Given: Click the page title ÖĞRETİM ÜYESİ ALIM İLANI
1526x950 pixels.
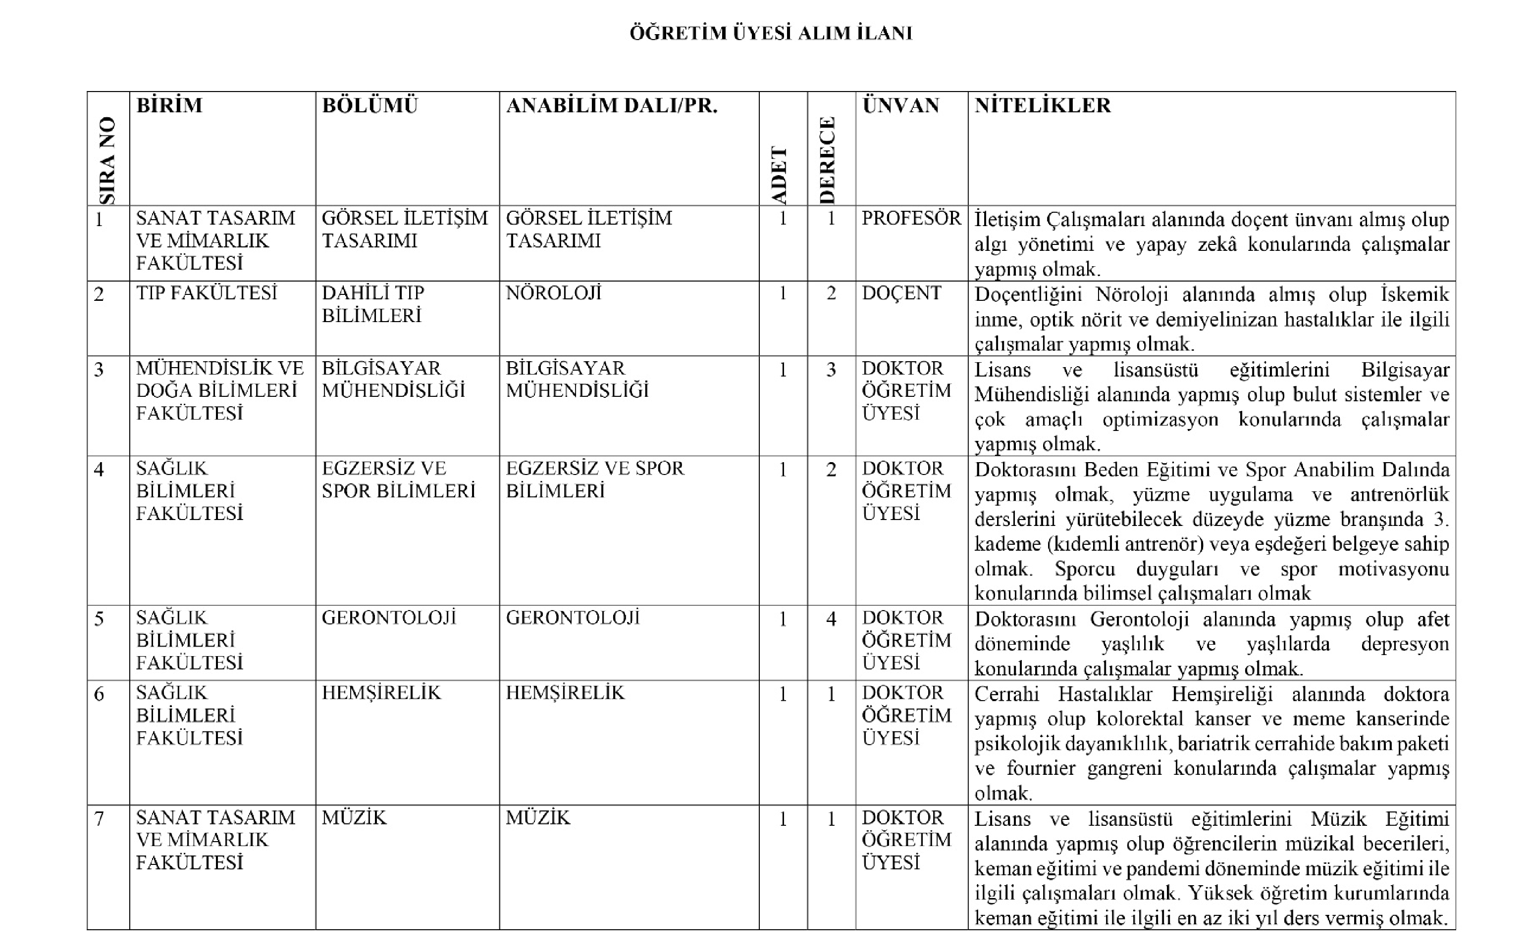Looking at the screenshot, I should click(x=771, y=33).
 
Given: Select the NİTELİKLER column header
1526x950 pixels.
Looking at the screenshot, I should click(x=1043, y=105).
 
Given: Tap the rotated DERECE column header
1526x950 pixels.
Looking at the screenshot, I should click(x=828, y=160).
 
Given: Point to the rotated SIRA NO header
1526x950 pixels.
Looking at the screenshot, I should click(x=107, y=160).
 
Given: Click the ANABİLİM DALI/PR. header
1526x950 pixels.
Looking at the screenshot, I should click(x=611, y=105).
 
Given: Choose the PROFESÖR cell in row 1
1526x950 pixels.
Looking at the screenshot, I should click(x=910, y=218).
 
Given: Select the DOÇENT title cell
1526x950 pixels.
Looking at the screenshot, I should click(x=901, y=293).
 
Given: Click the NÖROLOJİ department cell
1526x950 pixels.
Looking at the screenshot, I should click(x=553, y=293).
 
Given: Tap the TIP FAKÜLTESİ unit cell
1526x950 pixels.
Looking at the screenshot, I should click(x=206, y=293).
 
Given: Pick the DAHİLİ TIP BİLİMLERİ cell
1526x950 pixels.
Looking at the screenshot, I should click(x=373, y=304).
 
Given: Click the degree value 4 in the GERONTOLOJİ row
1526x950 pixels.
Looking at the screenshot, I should click(x=831, y=619).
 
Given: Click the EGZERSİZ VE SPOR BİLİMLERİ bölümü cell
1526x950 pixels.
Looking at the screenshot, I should click(x=398, y=479).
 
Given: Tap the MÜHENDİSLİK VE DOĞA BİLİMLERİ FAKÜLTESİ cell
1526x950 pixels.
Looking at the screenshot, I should click(x=219, y=390).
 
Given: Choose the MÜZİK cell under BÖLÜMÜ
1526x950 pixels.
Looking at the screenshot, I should click(x=354, y=817).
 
